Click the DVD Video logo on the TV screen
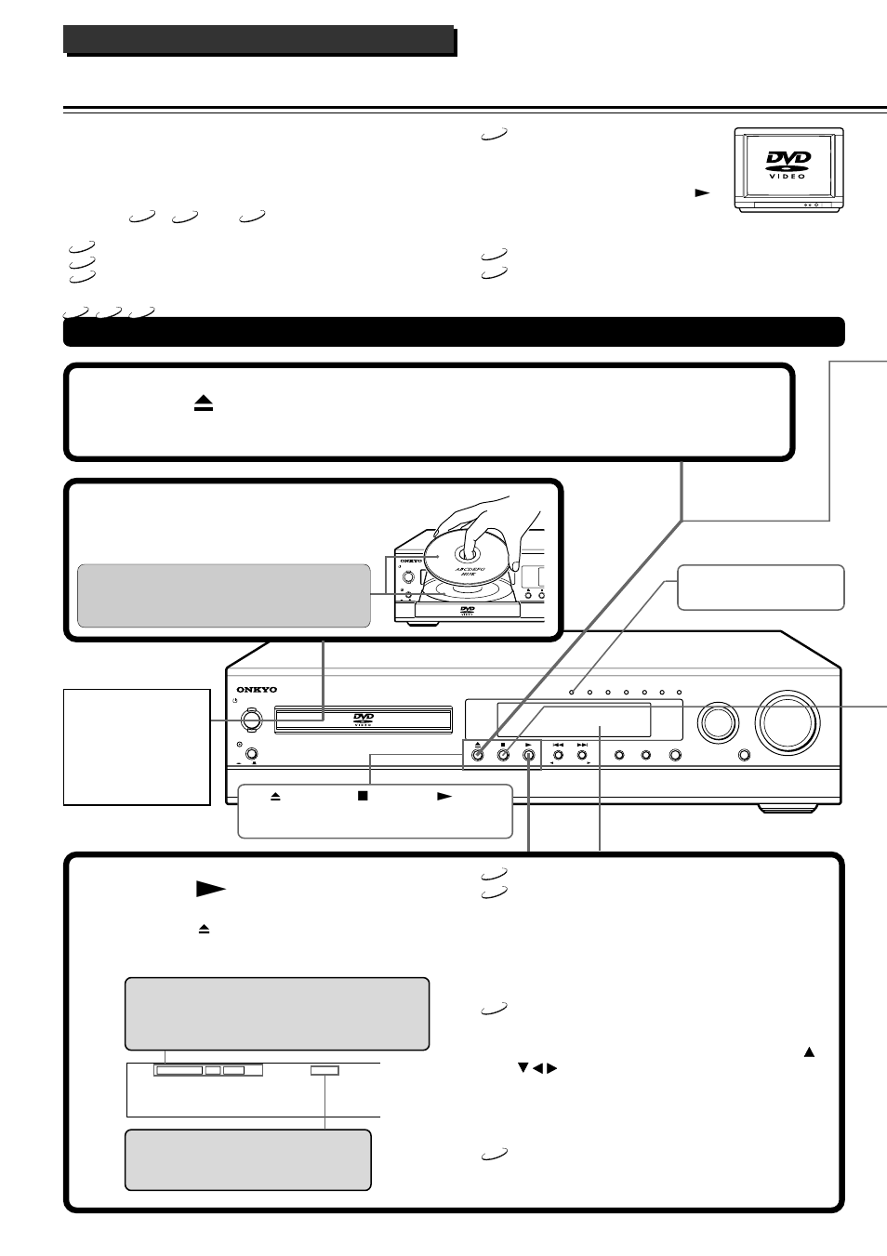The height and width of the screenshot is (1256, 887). coord(788,165)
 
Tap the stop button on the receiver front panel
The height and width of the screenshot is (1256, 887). coord(502,756)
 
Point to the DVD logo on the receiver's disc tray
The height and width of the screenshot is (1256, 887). coord(364,718)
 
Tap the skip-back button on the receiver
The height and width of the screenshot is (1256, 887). coord(558,756)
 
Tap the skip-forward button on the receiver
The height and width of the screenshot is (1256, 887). coord(583,756)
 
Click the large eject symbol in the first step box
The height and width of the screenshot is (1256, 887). coord(204,403)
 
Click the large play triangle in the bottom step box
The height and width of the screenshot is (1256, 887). coord(211,890)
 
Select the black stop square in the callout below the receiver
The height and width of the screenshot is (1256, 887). coord(363,798)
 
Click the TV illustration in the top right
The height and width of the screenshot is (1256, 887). coord(788,169)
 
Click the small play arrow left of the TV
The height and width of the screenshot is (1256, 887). coord(702,193)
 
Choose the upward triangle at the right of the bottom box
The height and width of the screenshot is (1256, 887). coord(809,1051)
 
